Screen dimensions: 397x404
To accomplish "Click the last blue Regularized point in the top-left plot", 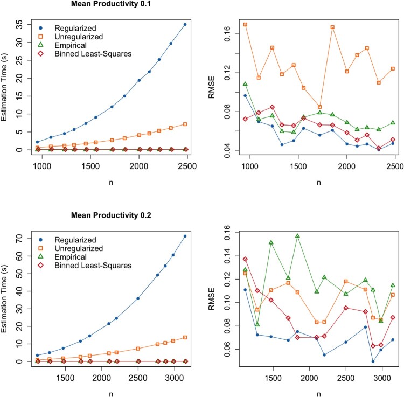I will click(185, 24).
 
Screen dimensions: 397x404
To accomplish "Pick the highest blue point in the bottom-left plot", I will click(185, 236).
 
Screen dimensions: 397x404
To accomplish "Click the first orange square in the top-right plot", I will click(245, 25).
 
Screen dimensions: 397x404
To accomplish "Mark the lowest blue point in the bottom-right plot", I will click(373, 361).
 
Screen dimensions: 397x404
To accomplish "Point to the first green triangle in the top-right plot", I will click(245, 84).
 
